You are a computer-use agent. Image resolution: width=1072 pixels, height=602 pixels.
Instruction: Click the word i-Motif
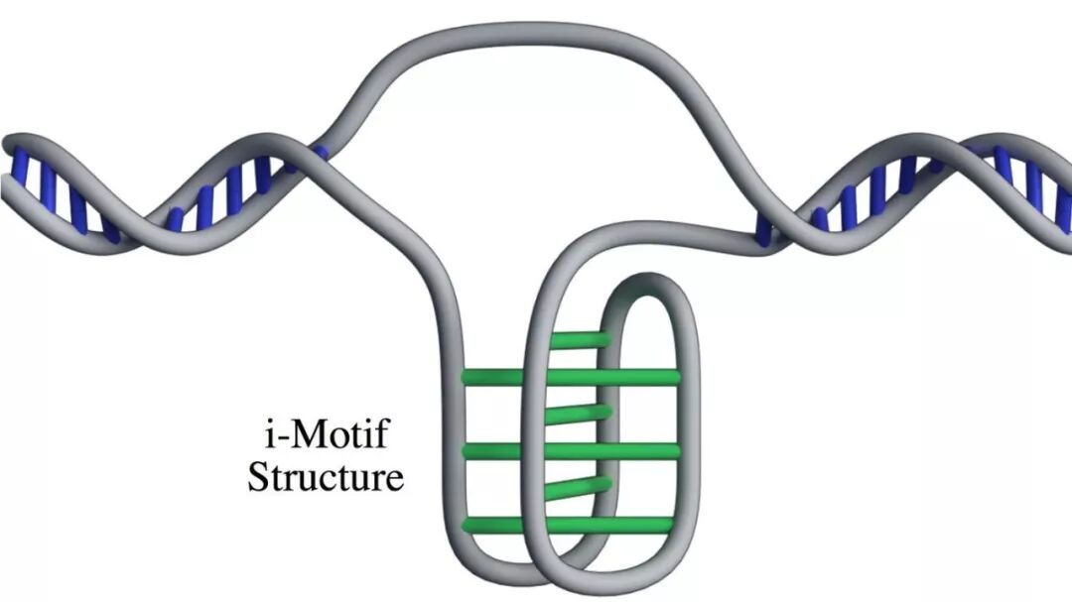[x=325, y=435]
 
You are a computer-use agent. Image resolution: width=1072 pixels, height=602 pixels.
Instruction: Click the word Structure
[x=326, y=477]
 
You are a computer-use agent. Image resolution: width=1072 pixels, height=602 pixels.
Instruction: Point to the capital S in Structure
[x=259, y=477]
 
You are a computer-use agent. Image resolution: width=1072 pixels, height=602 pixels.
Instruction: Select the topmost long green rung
[x=571, y=377]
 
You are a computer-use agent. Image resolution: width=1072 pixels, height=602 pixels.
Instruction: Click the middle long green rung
[x=571, y=451]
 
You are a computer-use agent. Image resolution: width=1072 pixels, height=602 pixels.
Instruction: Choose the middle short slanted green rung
[x=580, y=411]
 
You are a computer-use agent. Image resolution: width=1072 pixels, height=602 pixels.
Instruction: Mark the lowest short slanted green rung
[x=580, y=487]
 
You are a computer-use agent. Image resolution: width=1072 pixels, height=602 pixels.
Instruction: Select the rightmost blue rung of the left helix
[x=318, y=154]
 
